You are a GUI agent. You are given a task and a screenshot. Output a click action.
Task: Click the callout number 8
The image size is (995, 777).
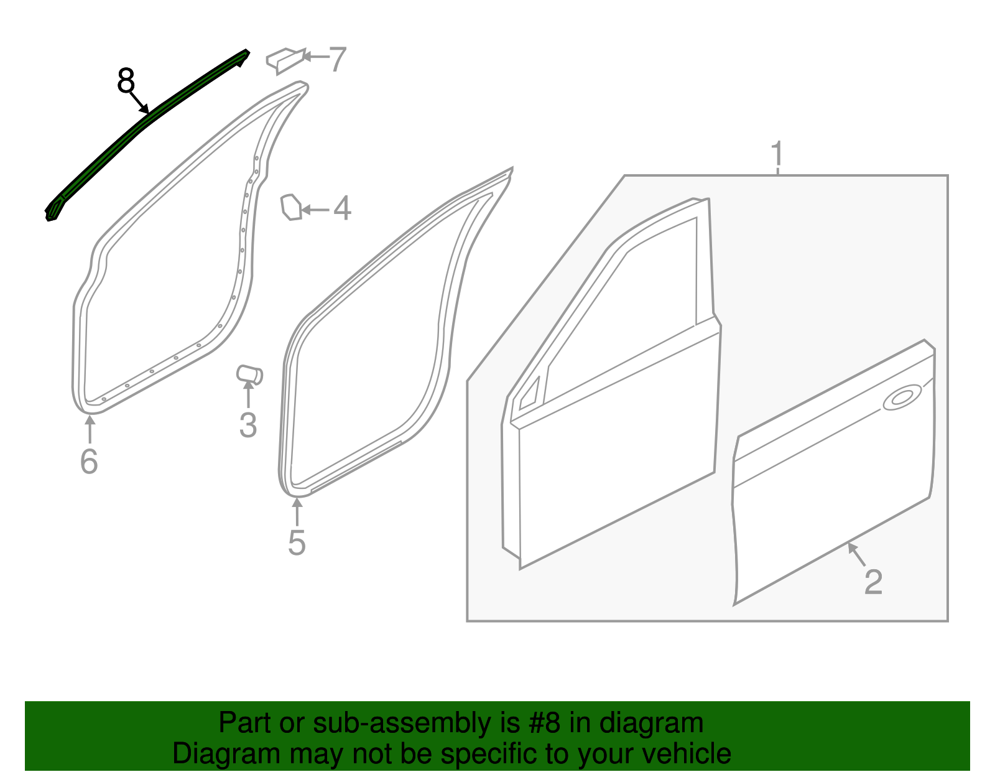tap(126, 81)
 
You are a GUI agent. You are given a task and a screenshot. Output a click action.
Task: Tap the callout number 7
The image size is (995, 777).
tap(337, 60)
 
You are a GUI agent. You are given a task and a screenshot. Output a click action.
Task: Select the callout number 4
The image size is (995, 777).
tap(342, 208)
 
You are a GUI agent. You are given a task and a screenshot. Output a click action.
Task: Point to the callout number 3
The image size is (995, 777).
tap(248, 426)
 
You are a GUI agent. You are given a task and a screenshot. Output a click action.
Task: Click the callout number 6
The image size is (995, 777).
tap(89, 462)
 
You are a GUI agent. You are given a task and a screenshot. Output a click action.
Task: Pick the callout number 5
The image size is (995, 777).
tap(297, 542)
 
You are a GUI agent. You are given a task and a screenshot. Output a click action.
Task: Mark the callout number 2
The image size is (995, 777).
tap(873, 582)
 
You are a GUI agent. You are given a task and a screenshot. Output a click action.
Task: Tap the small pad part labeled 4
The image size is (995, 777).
tap(291, 207)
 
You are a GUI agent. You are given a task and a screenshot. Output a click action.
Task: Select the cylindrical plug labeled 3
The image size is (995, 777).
tap(249, 375)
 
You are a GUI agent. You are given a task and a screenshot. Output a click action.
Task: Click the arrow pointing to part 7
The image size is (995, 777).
tap(315, 57)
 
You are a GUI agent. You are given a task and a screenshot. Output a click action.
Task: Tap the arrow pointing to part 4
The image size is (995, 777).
tap(316, 210)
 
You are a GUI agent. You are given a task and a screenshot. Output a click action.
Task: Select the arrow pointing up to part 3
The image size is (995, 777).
tap(248, 394)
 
